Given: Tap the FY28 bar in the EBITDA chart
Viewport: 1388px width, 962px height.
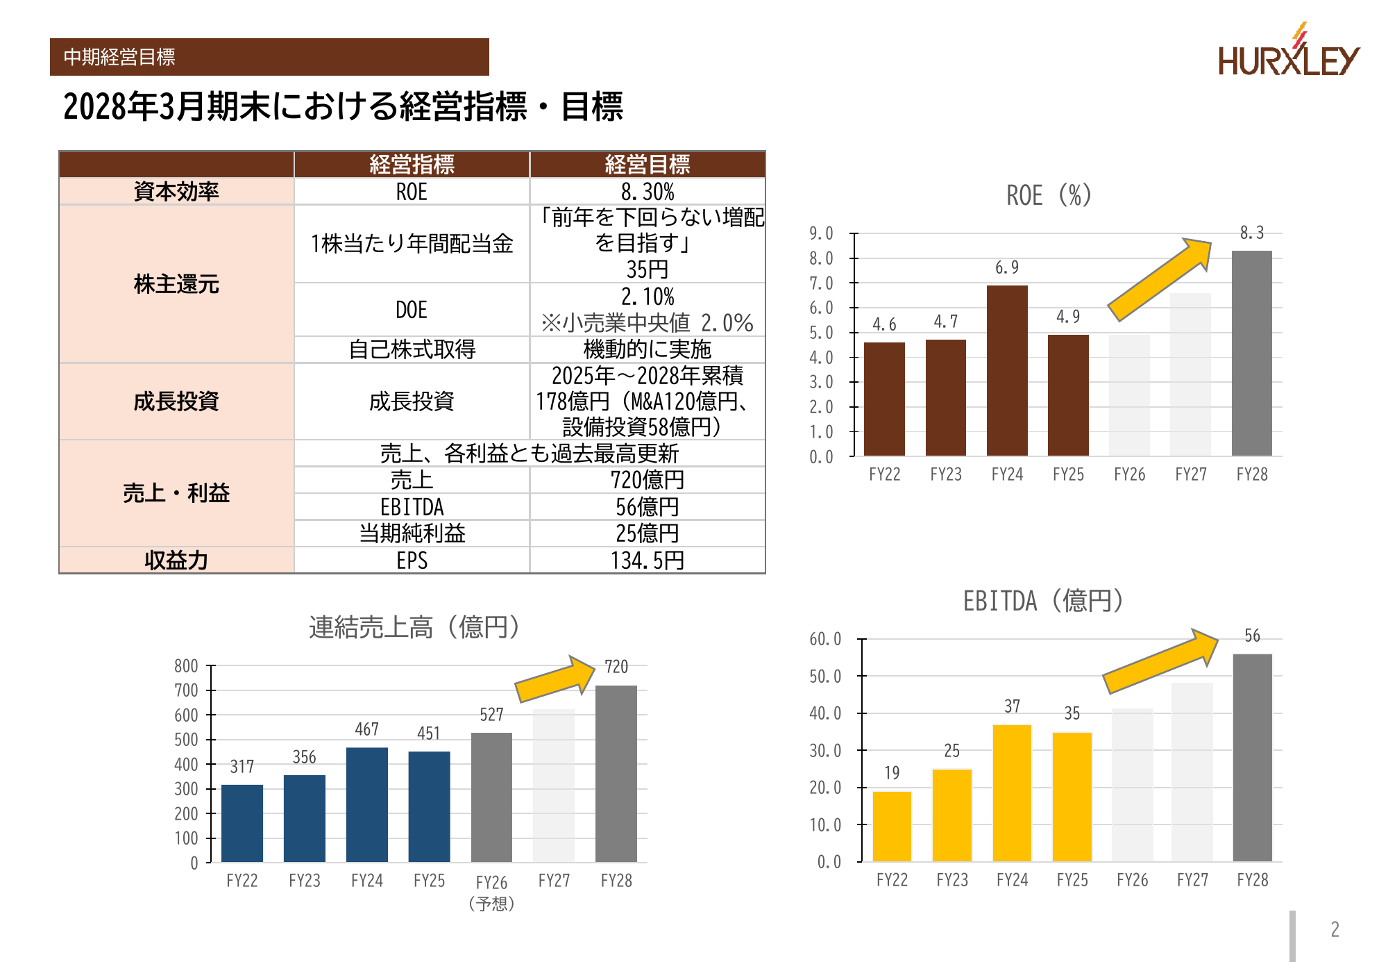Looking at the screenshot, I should pos(1252,757).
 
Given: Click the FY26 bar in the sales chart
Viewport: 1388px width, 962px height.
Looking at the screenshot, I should pos(491,797).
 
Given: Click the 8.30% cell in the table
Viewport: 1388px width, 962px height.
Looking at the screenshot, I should pos(648,192).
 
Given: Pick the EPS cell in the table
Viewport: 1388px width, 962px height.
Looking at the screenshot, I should pos(412,561).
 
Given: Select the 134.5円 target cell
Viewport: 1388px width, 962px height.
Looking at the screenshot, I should pos(648,561).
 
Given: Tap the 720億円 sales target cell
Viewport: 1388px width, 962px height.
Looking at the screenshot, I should pos(648,480).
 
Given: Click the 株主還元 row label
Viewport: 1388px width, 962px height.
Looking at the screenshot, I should pos(176,284).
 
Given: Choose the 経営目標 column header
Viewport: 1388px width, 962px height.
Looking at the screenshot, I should pos(648,165).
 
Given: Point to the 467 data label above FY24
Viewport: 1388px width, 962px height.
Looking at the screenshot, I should pos(366,729).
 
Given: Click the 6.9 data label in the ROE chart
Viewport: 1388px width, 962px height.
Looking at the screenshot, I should pos(1007,268).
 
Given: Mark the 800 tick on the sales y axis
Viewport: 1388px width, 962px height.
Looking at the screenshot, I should pos(186,666).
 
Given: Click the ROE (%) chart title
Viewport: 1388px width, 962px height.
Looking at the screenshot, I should pos(1049,196).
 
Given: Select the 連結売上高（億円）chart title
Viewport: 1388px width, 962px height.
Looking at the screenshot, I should pos(414,627).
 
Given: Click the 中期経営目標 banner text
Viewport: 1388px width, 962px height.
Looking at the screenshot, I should pos(119,57).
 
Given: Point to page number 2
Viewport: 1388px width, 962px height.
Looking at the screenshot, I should pos(1335,929).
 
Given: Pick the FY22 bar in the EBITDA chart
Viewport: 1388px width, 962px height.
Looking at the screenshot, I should pos(892,826).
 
